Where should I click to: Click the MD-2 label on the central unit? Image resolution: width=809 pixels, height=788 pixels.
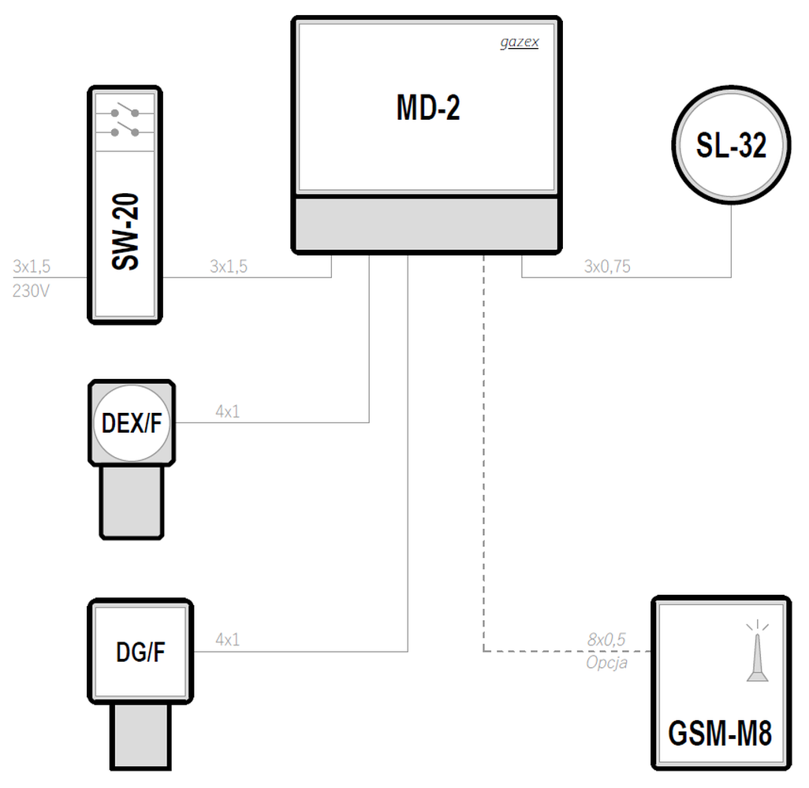[427, 108]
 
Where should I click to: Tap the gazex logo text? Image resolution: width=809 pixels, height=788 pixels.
[520, 43]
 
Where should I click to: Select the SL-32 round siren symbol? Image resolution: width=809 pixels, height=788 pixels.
[731, 145]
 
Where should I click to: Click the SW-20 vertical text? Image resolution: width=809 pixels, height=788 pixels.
[125, 231]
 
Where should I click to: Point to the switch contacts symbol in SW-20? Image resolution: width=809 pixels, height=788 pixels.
[125, 123]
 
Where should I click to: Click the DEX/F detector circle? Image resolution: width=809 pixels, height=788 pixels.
[132, 423]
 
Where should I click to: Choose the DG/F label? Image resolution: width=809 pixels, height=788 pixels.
[140, 652]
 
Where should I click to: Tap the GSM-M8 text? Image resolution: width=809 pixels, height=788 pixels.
[720, 733]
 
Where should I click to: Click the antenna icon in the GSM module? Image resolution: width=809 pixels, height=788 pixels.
[758, 650]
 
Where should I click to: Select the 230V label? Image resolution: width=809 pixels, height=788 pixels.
[31, 291]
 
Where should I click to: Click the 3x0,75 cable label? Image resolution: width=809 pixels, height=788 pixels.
[607, 266]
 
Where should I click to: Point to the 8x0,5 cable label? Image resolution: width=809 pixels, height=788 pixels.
[606, 640]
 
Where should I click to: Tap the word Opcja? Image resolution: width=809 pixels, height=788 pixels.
[607, 662]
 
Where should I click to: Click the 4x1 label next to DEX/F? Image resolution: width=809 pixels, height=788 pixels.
[228, 411]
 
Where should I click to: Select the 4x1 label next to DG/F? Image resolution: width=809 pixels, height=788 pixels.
[228, 640]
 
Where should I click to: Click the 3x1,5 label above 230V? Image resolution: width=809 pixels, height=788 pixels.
[32, 266]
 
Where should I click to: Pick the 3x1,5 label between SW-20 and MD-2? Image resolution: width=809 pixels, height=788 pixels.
[229, 266]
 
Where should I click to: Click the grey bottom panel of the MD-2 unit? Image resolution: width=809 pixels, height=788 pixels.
[427, 225]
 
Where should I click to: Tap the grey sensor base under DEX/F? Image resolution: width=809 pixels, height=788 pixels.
[132, 502]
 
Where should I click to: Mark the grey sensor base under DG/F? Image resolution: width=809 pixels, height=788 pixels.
[140, 736]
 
